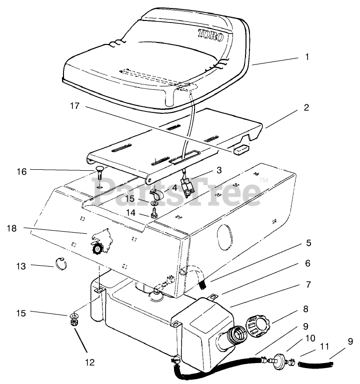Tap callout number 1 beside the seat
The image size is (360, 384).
click(307, 57)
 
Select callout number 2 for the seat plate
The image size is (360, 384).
click(306, 107)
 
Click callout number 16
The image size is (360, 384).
click(21, 171)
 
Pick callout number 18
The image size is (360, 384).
click(12, 228)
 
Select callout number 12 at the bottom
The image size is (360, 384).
click(90, 362)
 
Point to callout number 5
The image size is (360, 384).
click(308, 243)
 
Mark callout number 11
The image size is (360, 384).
click(324, 346)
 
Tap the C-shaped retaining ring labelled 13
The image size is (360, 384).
click(60, 263)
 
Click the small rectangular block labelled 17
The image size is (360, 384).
click(241, 149)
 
